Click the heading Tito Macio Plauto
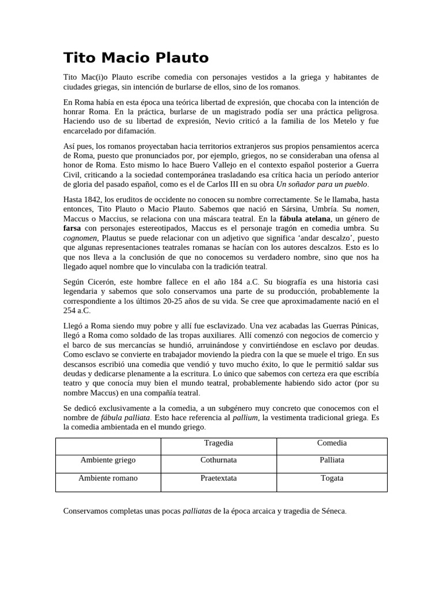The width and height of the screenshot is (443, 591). point(136,58)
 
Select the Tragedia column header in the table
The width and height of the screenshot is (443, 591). point(219,443)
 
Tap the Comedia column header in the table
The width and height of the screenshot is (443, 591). point(332,443)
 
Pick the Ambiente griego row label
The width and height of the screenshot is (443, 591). point(108,460)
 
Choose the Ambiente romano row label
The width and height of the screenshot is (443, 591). point(108,478)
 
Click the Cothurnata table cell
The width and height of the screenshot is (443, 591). point(219,460)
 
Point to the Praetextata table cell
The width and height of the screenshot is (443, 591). point(219,478)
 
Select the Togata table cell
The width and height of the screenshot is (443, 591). point(332,478)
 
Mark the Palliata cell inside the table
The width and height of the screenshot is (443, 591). point(332,460)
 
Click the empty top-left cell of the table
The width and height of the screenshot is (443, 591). point(108,446)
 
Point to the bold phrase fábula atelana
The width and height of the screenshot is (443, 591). point(305,219)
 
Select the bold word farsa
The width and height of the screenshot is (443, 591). point(72,229)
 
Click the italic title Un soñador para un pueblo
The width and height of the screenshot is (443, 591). point(322,184)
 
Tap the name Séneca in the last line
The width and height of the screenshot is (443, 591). point(333,511)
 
